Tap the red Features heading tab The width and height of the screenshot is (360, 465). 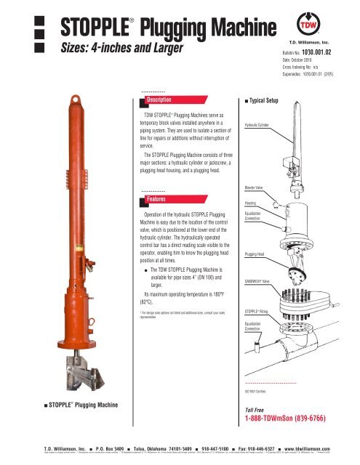click(156, 198)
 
